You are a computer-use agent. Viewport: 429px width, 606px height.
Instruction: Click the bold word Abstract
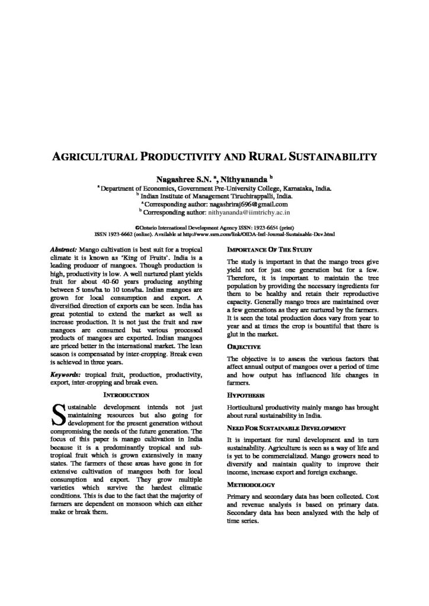coord(65,249)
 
